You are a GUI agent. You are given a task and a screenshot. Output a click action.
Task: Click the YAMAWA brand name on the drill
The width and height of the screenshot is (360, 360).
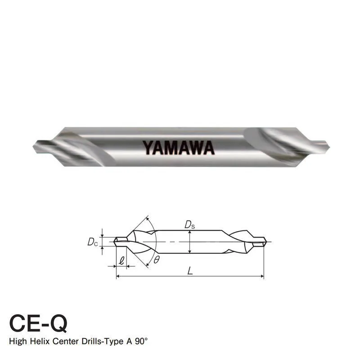point(179,147)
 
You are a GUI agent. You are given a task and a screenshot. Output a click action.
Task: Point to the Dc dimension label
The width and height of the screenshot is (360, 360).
point(92,242)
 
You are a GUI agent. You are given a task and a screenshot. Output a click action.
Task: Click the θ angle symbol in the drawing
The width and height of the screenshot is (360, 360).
point(156,260)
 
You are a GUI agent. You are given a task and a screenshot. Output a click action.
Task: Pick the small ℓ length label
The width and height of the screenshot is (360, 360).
point(122,260)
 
